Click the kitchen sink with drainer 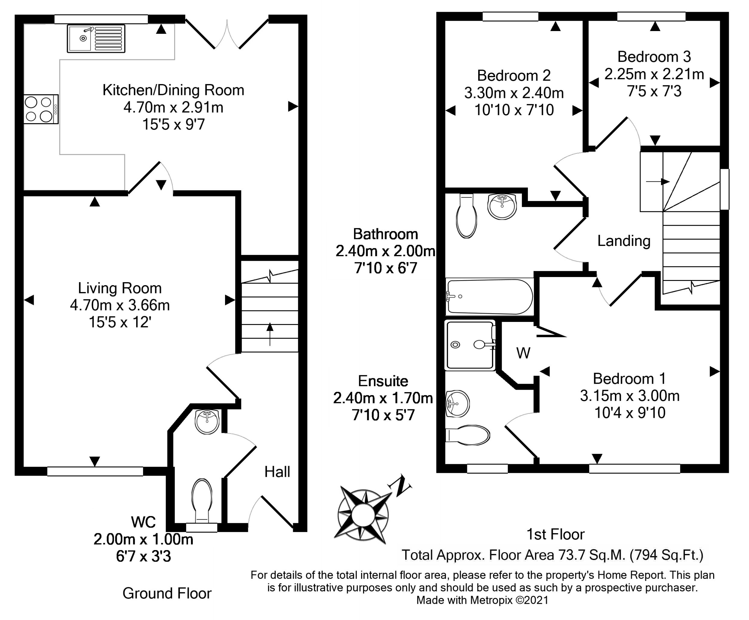pos(96,39)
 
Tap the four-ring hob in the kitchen pos(41,109)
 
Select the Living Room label pos(120,288)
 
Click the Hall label pos(277,472)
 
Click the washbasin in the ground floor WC pos(207,422)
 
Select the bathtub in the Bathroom pos(490,297)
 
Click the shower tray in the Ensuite pos(470,345)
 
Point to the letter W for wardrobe pos(523,353)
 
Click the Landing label pos(624,241)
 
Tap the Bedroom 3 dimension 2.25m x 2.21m pos(654,74)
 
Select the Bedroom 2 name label pos(514,76)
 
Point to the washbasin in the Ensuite pos(457,404)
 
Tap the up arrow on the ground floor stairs pos(270,334)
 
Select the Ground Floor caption pos(167,593)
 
